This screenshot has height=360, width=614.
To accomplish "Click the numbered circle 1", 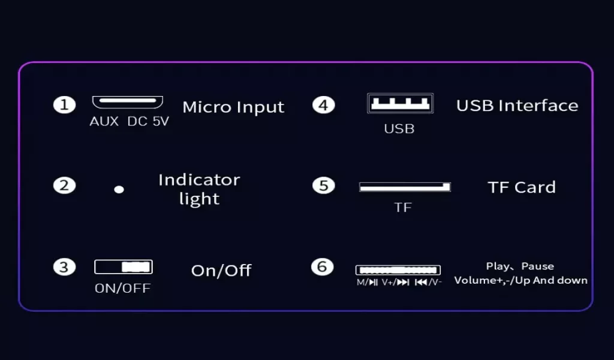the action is (64, 105).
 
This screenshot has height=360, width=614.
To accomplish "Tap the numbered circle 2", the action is (64, 185).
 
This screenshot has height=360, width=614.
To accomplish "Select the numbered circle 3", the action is (64, 267).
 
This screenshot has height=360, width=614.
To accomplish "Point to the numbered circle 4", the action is (323, 105).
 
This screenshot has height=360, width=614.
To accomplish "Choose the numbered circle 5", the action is (323, 185).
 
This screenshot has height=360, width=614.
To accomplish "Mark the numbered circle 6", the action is (322, 267).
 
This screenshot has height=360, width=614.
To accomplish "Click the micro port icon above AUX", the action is (127, 102).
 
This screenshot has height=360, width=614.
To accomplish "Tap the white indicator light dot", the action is (119, 190).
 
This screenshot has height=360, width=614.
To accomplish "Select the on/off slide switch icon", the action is (124, 267).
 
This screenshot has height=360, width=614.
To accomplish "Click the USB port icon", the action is (400, 103).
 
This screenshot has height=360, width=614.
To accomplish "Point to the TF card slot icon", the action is (405, 187).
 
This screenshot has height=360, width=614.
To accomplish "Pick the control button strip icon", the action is (398, 270).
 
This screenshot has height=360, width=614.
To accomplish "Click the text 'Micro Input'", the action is (233, 107).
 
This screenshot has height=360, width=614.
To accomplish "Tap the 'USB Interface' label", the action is (517, 106).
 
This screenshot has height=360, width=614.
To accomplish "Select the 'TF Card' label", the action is (522, 187).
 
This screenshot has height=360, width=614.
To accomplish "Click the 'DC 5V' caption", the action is (148, 121).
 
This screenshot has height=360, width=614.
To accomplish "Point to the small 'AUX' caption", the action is (104, 121).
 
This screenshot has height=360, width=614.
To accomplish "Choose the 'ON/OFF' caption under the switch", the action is (122, 289).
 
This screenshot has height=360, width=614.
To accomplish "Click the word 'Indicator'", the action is (199, 180).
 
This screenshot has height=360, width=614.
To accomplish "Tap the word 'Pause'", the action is (538, 266).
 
